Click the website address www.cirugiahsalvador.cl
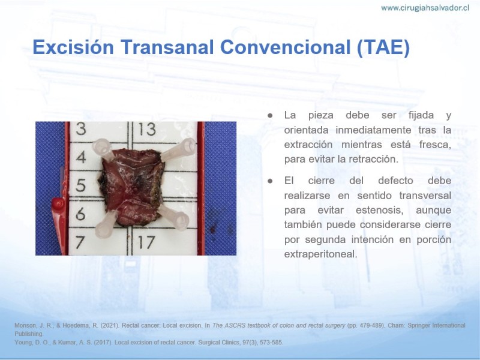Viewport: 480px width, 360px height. [425, 8]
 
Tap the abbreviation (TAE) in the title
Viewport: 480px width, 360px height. [383, 48]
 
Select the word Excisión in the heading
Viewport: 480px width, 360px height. [73, 47]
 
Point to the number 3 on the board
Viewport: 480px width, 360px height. [81, 128]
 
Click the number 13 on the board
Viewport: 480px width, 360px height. [147, 129]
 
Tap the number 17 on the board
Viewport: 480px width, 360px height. [146, 242]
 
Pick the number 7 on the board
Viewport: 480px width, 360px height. [80, 242]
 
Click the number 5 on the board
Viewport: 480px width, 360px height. [80, 185]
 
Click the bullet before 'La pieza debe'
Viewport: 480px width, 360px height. [270, 115]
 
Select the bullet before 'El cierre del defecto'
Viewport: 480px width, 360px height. [270, 181]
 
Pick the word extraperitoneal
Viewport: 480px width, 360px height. [320, 254]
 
